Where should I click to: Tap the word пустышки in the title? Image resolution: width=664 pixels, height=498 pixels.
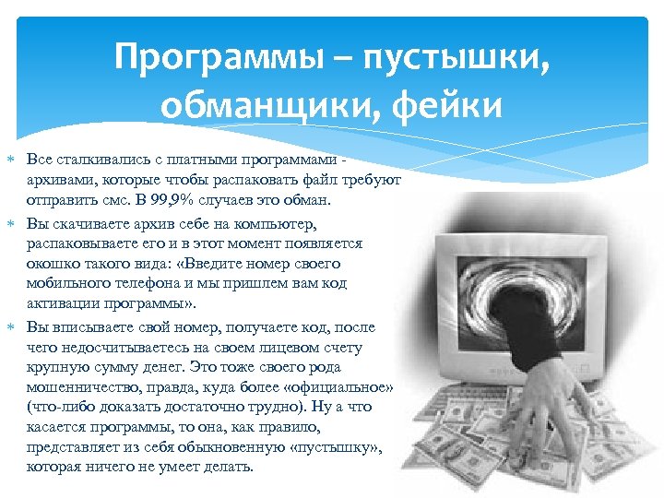click(x=433, y=64)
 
